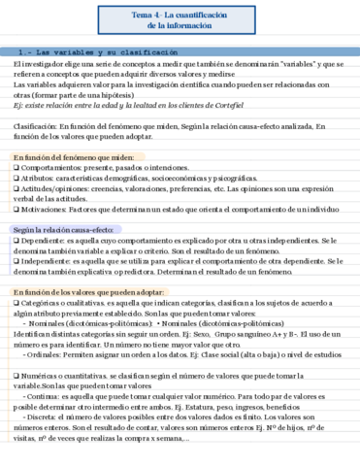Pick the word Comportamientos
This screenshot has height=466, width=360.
51,167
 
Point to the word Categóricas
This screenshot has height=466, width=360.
42,302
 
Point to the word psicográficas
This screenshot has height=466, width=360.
271,178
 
